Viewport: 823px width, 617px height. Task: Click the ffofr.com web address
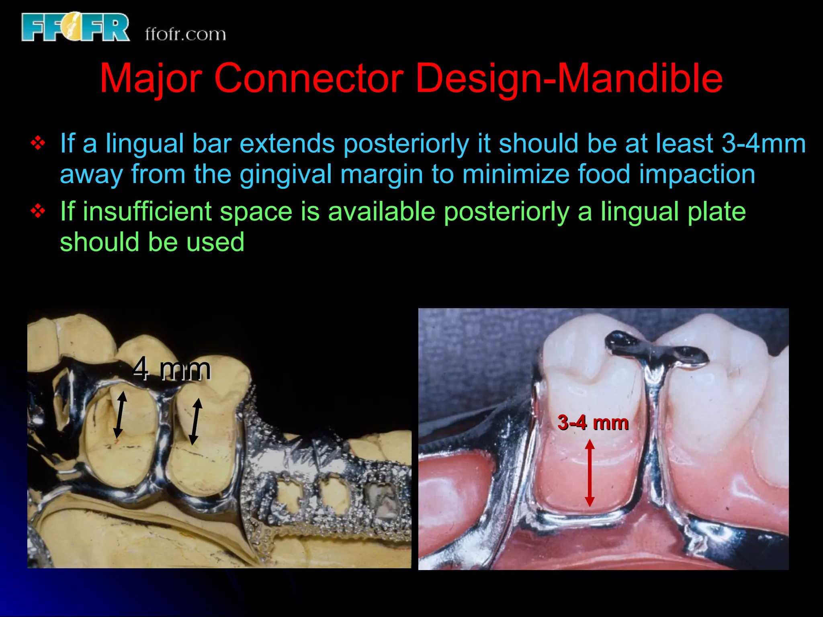[185, 34]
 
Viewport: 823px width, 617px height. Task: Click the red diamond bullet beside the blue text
[38, 143]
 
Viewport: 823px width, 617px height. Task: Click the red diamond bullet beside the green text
[38, 211]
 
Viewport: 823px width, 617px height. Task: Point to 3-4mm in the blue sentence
[764, 143]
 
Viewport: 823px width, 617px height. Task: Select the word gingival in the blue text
[285, 174]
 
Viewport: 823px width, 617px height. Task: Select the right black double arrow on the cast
[195, 421]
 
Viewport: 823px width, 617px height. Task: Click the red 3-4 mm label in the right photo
[593, 423]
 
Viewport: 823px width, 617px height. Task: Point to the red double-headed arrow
[590, 473]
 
